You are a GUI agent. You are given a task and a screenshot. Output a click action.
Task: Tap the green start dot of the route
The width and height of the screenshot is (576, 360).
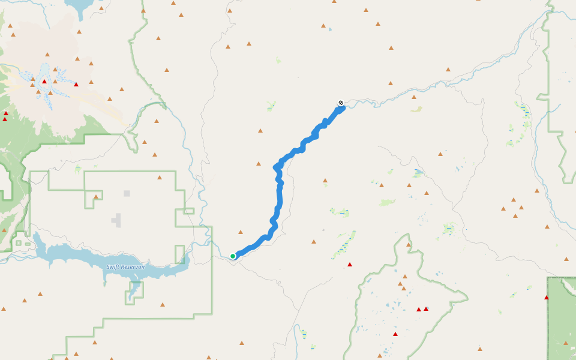[x=233, y=256]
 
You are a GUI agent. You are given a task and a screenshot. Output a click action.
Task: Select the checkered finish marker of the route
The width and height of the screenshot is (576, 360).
[x=341, y=103]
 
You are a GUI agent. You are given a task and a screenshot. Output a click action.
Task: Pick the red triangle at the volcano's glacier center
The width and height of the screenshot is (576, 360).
[x=44, y=82]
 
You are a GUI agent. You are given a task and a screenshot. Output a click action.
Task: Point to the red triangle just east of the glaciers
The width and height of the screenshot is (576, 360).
[x=76, y=85]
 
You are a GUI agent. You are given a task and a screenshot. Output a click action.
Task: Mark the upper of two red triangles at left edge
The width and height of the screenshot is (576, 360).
[x=6, y=113]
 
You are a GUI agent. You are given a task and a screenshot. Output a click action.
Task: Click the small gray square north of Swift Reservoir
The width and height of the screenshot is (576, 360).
[x=127, y=193]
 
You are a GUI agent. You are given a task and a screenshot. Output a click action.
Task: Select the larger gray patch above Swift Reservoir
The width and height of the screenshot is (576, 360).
[x=117, y=220]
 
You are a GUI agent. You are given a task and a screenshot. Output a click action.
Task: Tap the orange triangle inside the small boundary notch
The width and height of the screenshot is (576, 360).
[x=96, y=196]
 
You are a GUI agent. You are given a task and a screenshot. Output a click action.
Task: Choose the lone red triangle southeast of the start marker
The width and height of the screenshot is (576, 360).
[x=350, y=265]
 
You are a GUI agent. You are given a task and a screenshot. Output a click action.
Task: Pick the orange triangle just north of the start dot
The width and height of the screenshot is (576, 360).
[x=241, y=232]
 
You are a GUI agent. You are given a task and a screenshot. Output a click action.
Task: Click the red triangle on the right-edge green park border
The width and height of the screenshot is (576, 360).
[x=547, y=298]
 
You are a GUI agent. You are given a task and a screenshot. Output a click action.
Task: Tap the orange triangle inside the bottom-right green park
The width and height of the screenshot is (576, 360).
[x=566, y=343]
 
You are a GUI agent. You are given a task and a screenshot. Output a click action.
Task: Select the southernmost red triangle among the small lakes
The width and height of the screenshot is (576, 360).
[x=395, y=334]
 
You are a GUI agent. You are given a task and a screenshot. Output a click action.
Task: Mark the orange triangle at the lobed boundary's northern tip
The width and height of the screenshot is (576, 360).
[x=409, y=245]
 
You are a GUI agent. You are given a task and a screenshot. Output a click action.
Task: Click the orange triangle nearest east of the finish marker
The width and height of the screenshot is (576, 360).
[x=414, y=97]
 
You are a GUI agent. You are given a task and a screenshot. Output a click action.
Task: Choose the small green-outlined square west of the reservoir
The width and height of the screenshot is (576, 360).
[x=19, y=243]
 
